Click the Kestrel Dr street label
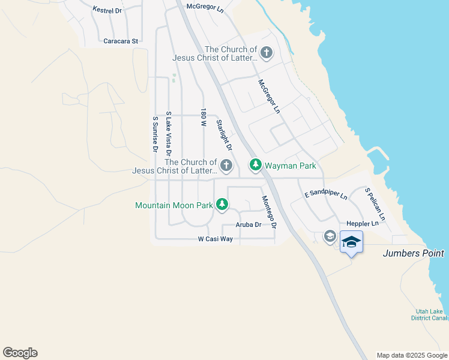pyautogui.click(x=107, y=10)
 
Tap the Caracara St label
pyautogui.click(x=121, y=41)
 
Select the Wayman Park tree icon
pyautogui.click(x=256, y=164)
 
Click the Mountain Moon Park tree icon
pyautogui.click(x=222, y=205)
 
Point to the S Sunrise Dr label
pyautogui.click(x=155, y=134)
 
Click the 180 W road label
pyautogui.click(x=203, y=118)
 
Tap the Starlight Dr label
pyautogui.click(x=224, y=135)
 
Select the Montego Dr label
pyautogui.click(x=268, y=212)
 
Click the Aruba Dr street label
pyautogui.click(x=249, y=224)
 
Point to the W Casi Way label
pyautogui.click(x=215, y=239)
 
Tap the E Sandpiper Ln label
pyautogui.click(x=326, y=195)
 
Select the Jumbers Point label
pyautogui.click(x=414, y=254)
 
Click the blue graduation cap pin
pyautogui.click(x=351, y=242)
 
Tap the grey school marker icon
pyautogui.click(x=329, y=236)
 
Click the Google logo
pyautogui.click(x=20, y=353)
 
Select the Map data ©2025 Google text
pyautogui.click(x=411, y=355)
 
